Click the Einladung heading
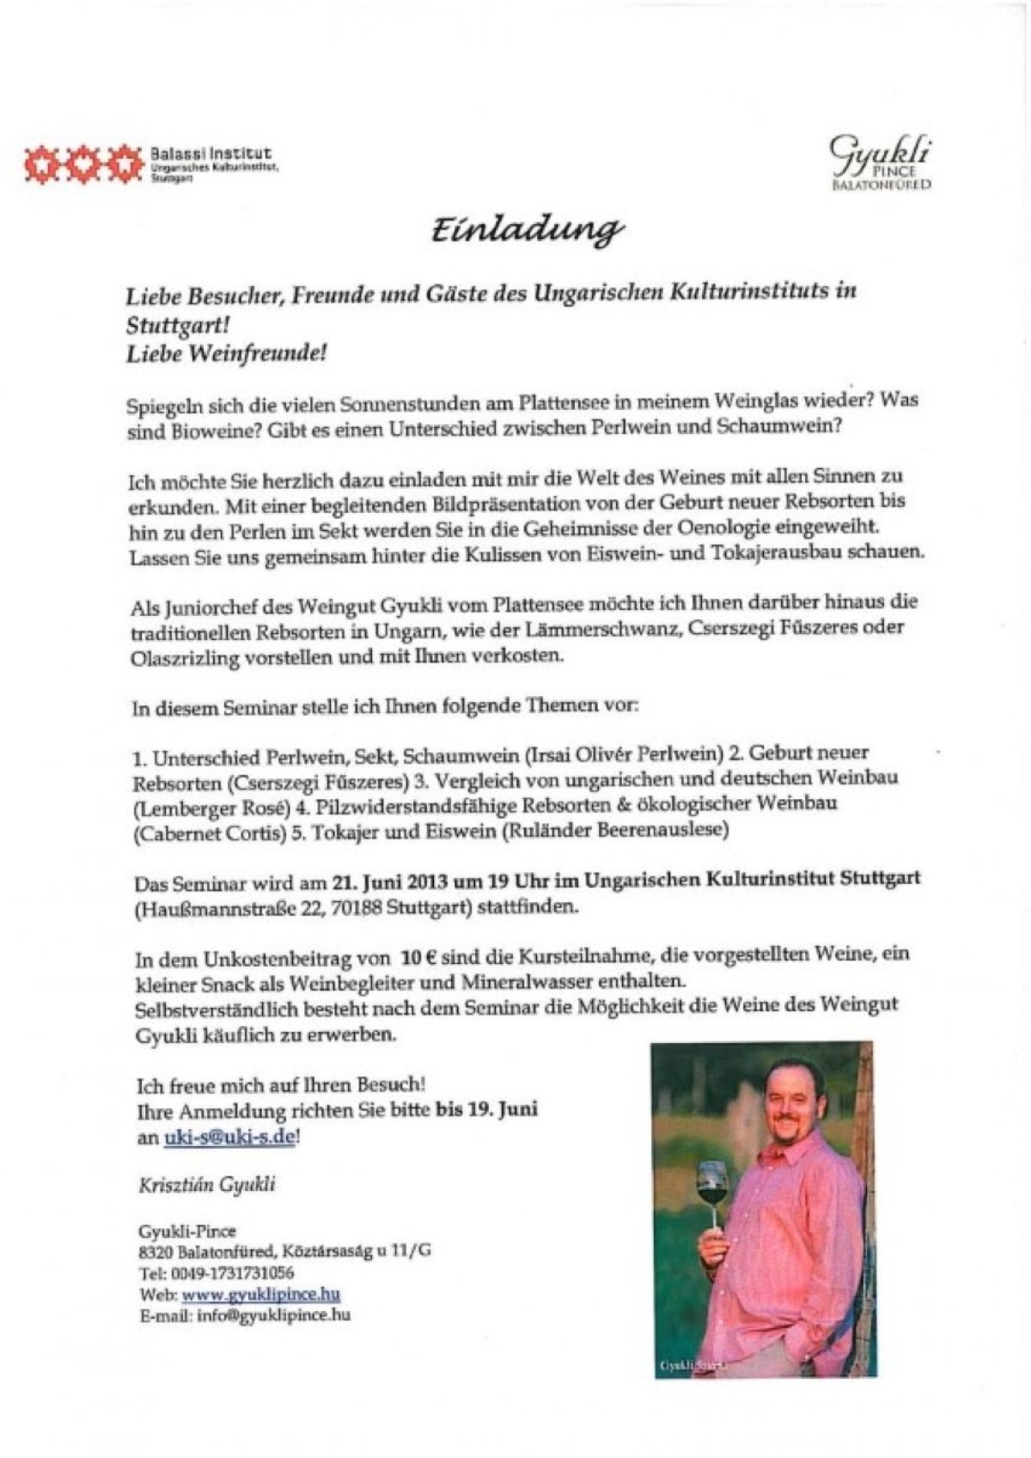(526, 230)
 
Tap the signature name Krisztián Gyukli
(207, 1185)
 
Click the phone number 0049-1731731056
(232, 1273)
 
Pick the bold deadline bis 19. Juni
(486, 1110)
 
